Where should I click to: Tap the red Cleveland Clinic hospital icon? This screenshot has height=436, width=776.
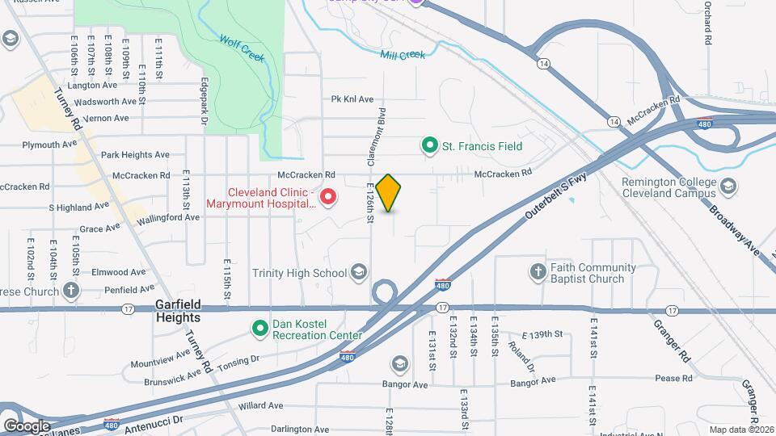click(x=329, y=197)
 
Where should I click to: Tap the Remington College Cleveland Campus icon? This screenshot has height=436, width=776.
click(x=727, y=187)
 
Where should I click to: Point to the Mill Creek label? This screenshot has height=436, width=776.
click(x=402, y=55)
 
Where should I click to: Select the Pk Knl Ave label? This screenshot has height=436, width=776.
click(x=352, y=99)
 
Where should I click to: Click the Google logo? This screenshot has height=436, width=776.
click(x=27, y=426)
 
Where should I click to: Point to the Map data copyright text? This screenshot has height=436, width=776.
click(x=740, y=430)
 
